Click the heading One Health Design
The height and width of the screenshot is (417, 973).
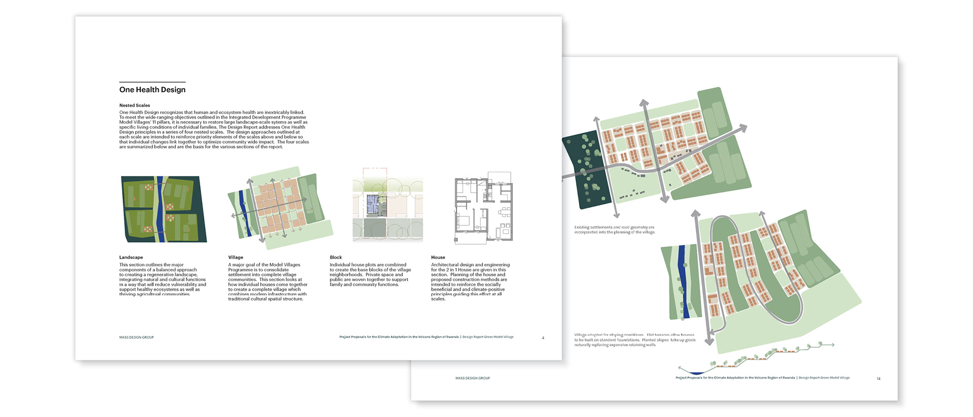click(x=152, y=90)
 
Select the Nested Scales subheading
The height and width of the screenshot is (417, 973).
click(x=134, y=105)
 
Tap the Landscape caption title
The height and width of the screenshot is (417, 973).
click(x=131, y=257)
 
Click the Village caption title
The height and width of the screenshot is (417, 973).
click(x=236, y=257)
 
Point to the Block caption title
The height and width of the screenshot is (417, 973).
click(x=335, y=257)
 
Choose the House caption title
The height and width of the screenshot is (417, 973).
click(x=438, y=257)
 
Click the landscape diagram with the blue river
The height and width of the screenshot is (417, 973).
click(x=164, y=209)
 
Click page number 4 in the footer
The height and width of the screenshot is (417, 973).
click(x=543, y=338)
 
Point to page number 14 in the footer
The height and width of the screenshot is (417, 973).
click(x=878, y=378)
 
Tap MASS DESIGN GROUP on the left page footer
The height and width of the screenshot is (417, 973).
click(x=136, y=337)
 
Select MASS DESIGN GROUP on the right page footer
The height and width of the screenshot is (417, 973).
click(x=472, y=378)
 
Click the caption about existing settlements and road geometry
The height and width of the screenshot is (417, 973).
click(x=614, y=230)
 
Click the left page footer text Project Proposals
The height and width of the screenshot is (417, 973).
click(x=399, y=337)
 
